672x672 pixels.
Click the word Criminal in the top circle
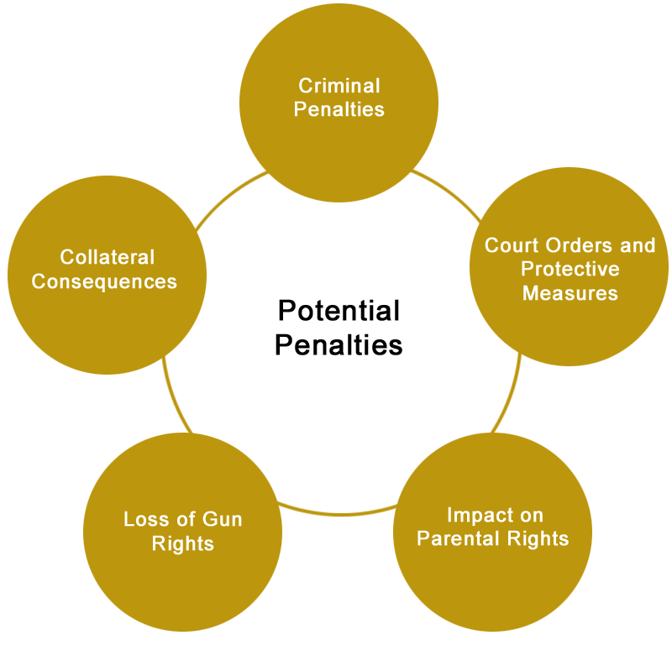339,86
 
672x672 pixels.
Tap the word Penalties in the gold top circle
339,109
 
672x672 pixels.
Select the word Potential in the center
339,310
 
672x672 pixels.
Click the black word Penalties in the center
339,344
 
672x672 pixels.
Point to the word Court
512,245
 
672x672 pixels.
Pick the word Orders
579,245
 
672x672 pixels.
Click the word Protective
570,269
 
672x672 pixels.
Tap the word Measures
570,293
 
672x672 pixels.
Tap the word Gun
222,519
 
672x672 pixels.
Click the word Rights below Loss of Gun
182,543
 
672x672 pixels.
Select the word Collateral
108,257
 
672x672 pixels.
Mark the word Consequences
104,281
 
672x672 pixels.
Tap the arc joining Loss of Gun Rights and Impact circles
339,513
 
